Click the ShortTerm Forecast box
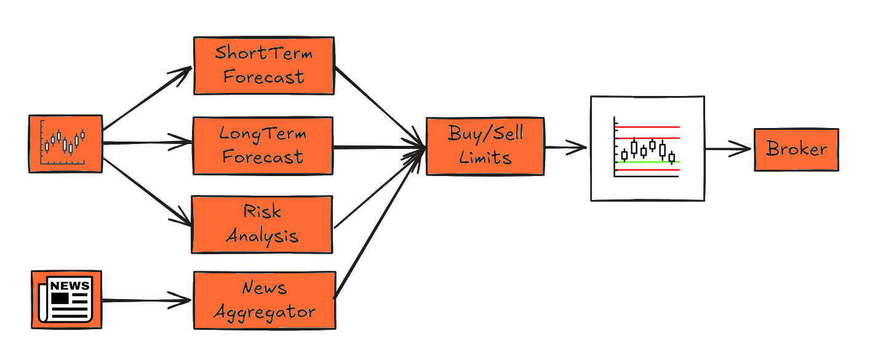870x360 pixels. (x=264, y=65)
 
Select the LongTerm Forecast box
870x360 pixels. (x=263, y=145)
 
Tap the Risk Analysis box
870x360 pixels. (x=262, y=224)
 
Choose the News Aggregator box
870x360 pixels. (x=265, y=300)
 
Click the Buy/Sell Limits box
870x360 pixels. (x=485, y=146)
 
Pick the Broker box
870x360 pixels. (x=796, y=149)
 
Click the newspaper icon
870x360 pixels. (x=66, y=299)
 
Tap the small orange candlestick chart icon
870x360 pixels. (x=65, y=143)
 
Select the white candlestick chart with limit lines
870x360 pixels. (x=647, y=148)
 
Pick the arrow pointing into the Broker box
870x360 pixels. (x=728, y=148)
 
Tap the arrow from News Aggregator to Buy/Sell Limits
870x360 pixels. (x=378, y=224)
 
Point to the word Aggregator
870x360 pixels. (x=265, y=311)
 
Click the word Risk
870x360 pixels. (x=262, y=212)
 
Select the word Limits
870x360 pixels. (x=485, y=158)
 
